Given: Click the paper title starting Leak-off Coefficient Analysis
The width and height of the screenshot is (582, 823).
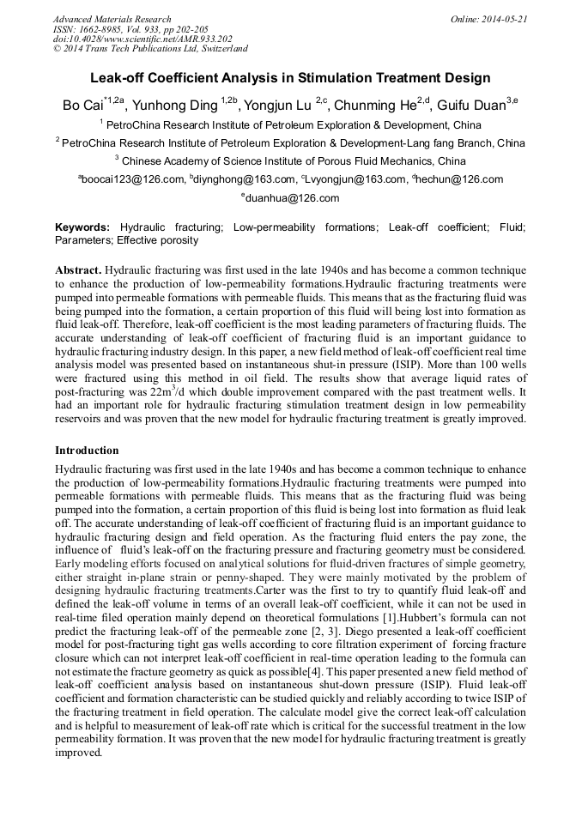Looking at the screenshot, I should (290, 78).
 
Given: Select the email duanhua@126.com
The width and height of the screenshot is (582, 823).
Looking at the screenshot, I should (293, 198).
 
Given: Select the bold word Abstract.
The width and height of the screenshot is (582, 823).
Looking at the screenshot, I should (78, 269).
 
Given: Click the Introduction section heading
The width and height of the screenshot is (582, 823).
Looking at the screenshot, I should (87, 450).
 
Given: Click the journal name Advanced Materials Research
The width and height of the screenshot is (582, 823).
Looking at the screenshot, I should (112, 19).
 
